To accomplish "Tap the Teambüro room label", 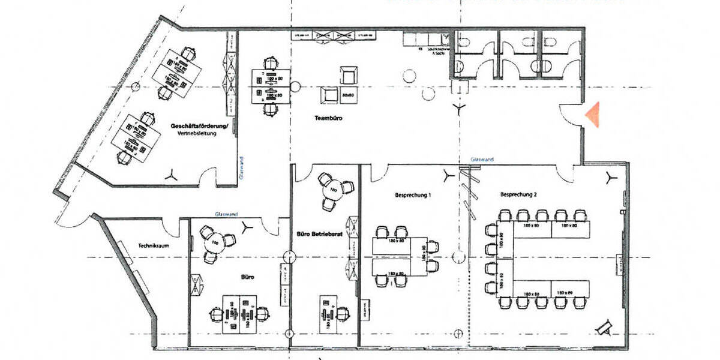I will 328,119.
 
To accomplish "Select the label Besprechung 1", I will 413,195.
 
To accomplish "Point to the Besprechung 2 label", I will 518,195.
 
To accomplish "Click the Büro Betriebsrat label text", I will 320,235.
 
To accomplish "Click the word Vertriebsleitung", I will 196,133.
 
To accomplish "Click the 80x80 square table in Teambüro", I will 347,94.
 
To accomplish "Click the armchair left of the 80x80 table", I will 329,95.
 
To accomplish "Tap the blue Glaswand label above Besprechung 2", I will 482,160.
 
